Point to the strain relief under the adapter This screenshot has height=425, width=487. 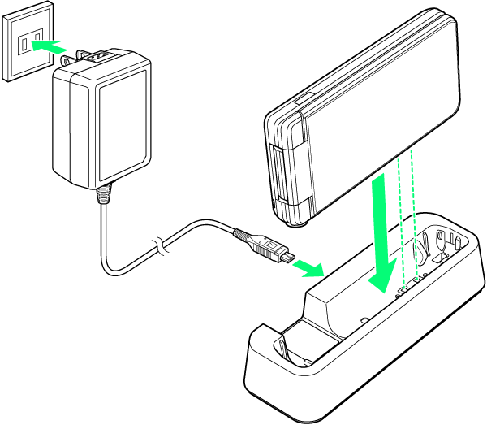[103, 195]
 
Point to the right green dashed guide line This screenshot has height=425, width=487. [415, 211]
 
